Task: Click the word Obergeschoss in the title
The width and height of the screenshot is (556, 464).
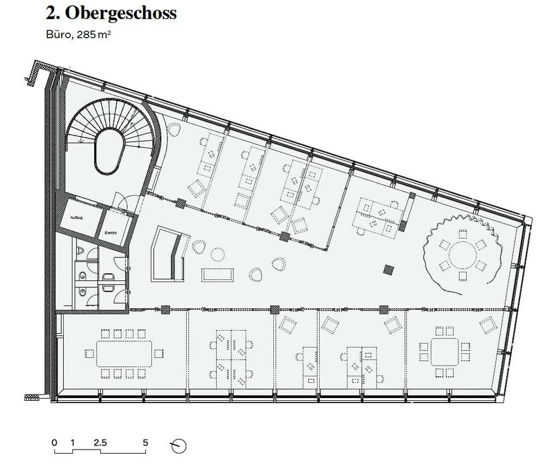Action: click(120, 13)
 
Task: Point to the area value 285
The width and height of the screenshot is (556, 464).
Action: click(83, 34)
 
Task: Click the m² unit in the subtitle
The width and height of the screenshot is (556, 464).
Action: click(104, 34)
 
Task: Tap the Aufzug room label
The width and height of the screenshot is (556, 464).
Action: click(76, 217)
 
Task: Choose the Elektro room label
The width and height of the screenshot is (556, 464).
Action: click(111, 233)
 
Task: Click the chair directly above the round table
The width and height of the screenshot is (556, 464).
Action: click(462, 234)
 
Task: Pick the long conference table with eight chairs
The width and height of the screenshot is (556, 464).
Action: click(124, 353)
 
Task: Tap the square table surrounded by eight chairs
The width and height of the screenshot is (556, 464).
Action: click(445, 352)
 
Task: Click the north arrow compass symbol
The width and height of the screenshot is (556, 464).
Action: click(179, 445)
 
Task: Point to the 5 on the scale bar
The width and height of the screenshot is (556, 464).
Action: click(145, 443)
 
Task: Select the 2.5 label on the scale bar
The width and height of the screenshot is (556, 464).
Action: click(100, 443)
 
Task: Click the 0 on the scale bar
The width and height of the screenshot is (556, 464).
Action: click(54, 443)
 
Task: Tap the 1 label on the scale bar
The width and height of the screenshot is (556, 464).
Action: click(73, 443)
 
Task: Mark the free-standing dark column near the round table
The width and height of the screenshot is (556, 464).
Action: click(389, 269)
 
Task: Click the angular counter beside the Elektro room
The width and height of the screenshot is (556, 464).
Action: click(169, 254)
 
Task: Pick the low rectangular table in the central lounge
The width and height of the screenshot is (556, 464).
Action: click(218, 275)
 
